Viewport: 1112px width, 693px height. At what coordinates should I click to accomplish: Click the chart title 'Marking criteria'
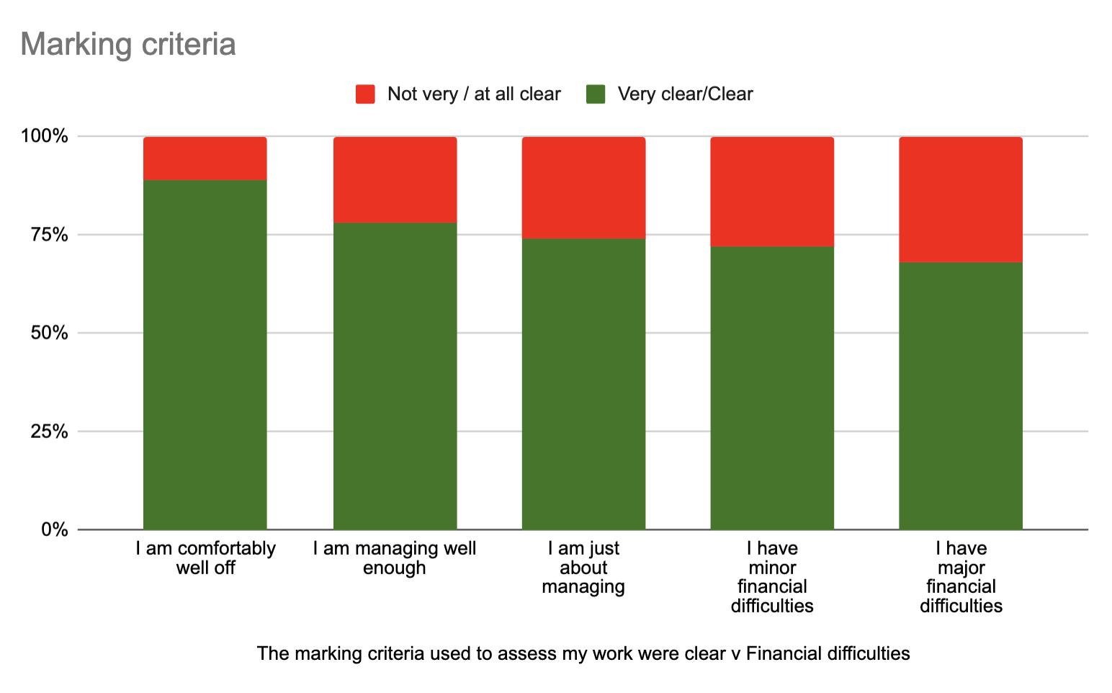[x=128, y=45]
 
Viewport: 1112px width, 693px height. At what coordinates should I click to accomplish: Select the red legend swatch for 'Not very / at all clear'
[x=365, y=94]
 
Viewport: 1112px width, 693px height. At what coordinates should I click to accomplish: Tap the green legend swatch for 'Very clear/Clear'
[x=596, y=94]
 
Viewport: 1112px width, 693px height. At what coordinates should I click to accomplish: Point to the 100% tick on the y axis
[x=45, y=136]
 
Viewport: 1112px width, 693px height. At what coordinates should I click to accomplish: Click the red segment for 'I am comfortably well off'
[x=205, y=158]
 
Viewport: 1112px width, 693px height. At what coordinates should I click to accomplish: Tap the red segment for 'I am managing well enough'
[x=395, y=180]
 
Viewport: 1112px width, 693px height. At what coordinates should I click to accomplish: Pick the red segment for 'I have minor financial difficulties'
[x=772, y=192]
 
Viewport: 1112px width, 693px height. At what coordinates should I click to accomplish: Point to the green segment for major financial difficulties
[x=961, y=396]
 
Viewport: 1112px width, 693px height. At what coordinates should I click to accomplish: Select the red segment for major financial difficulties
[x=961, y=200]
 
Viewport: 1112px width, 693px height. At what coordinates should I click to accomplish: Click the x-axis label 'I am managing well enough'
[x=395, y=558]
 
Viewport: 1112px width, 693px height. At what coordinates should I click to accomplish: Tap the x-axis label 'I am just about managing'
[x=583, y=568]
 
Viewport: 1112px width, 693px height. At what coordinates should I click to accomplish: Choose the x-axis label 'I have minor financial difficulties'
[x=772, y=577]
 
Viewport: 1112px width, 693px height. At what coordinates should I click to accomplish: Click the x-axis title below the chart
[x=583, y=653]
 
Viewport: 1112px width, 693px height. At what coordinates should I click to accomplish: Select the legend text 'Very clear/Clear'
[x=685, y=94]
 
